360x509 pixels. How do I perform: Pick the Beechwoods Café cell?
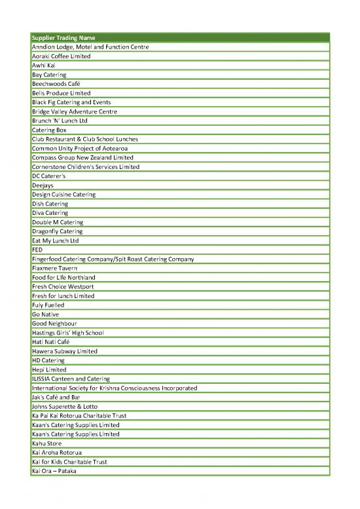(x=55, y=84)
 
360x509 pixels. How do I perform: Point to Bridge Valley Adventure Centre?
(x=75, y=111)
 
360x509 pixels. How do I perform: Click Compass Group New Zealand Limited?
(x=82, y=158)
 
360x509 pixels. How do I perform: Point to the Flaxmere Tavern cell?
(x=56, y=268)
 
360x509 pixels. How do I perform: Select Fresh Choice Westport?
(x=63, y=286)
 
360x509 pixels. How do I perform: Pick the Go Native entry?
(x=46, y=314)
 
